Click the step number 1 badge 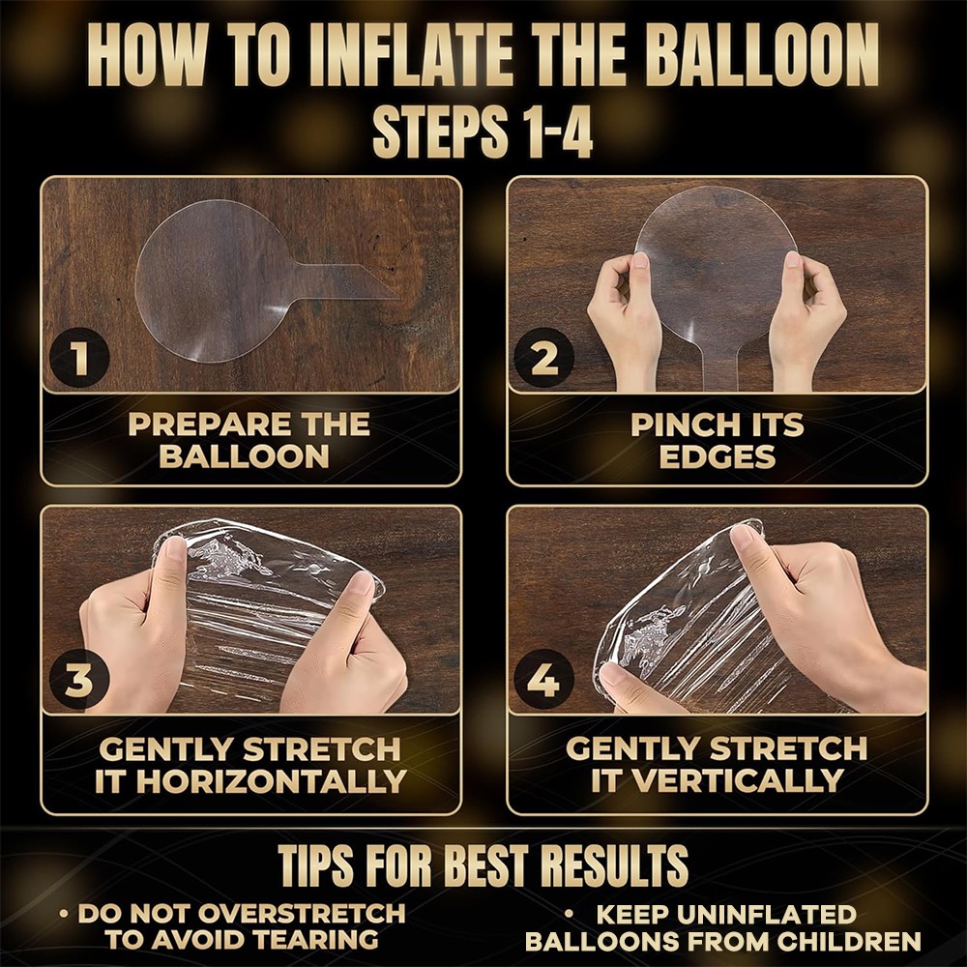pyautogui.click(x=79, y=357)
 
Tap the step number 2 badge pyautogui.click(x=543, y=358)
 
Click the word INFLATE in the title pyautogui.click(x=410, y=57)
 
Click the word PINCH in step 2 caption pyautogui.click(x=680, y=425)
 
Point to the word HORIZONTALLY pyautogui.click(x=271, y=781)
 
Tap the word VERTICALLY pyautogui.click(x=738, y=780)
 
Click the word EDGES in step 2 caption pyautogui.click(x=717, y=457)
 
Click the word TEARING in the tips pyautogui.click(x=316, y=939)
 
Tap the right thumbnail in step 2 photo pyautogui.click(x=793, y=259)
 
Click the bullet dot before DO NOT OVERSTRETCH pyautogui.click(x=64, y=914)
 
